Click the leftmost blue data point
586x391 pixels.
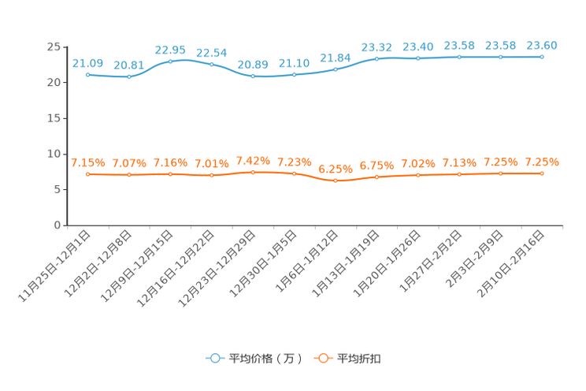click(88, 74)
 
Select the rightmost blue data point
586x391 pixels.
click(542, 57)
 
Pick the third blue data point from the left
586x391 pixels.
click(170, 61)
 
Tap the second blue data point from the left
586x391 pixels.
click(129, 76)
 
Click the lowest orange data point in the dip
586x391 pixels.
click(336, 181)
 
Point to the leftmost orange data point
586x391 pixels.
click(88, 173)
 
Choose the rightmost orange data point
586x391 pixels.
click(542, 173)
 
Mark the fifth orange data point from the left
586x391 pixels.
click(253, 171)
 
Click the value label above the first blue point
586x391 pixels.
click(87, 63)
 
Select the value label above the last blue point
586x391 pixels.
click(542, 46)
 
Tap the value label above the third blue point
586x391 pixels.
click(170, 50)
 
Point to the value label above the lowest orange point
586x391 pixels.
click(336, 169)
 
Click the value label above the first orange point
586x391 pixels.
click(87, 162)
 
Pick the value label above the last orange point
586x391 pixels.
click(542, 162)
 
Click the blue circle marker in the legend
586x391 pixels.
click(213, 358)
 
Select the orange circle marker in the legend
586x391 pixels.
click(322, 358)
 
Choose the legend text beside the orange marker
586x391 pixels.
click(360, 359)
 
